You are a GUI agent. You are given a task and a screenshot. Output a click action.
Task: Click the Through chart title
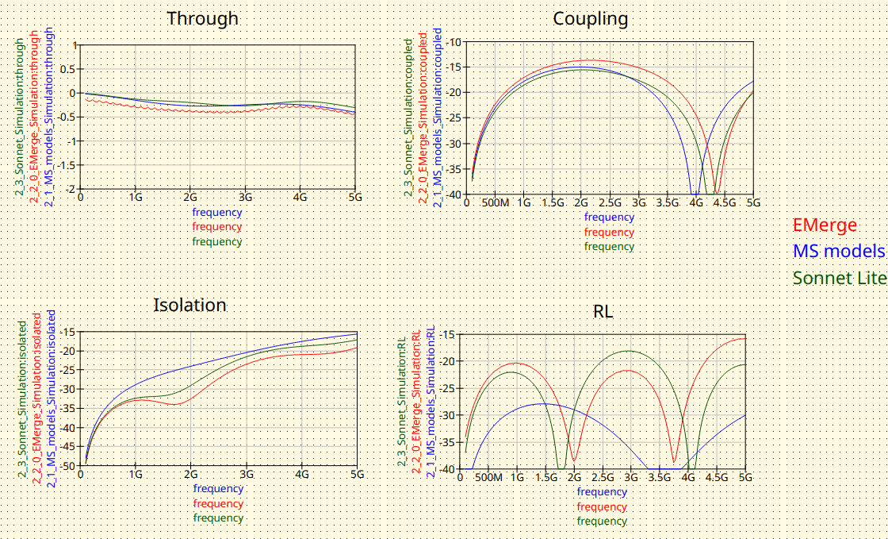pos(202,18)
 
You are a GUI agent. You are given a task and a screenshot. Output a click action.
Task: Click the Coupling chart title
pos(591,18)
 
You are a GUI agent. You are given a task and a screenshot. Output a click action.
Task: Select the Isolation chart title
pos(189,305)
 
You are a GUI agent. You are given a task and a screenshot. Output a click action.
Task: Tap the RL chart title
pos(604,312)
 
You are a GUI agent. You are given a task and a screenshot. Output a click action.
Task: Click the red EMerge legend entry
pos(825,225)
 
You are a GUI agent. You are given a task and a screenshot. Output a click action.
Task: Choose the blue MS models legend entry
pos(839,252)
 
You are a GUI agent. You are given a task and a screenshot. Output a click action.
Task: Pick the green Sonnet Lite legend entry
pos(839,279)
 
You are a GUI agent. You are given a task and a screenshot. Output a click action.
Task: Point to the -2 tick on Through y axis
pos(73,189)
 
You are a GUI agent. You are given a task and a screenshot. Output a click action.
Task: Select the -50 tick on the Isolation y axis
pos(69,466)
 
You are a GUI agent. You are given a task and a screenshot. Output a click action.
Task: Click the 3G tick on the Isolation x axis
pos(247,474)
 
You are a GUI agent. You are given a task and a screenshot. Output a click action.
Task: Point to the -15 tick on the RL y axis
pos(450,334)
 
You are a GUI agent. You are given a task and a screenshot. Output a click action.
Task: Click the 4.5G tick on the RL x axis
pos(717,478)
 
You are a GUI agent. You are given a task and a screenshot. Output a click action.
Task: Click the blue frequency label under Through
pos(217,212)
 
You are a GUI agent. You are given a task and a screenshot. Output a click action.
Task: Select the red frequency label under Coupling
pos(609,232)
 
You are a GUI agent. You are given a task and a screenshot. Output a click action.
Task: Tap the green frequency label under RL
pos(602,522)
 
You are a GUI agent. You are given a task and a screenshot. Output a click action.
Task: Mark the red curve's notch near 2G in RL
pos(574,460)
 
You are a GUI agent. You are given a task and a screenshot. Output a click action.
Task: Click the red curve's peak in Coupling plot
pos(587,60)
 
